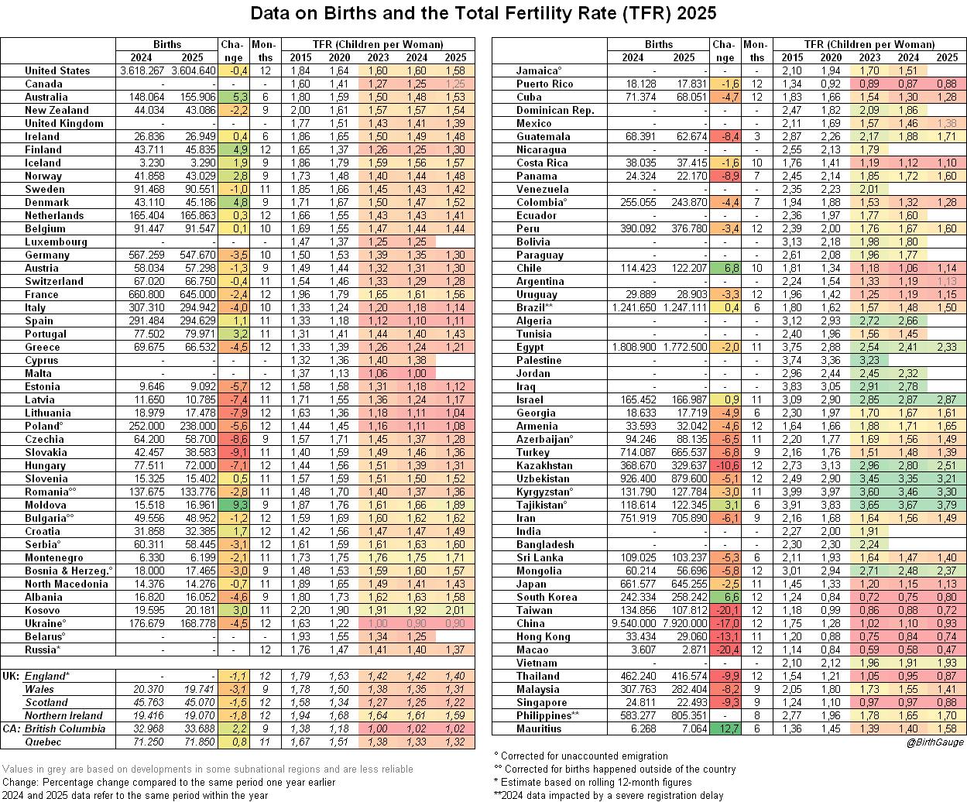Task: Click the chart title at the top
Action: pos(483,14)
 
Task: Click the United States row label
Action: pos(57,70)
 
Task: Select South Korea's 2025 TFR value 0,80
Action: pos(947,597)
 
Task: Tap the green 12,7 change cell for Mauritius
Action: pos(725,728)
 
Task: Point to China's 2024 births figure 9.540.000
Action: pos(633,623)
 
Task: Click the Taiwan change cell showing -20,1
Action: pos(725,610)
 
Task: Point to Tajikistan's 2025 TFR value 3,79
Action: pos(947,505)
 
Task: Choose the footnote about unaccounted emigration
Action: pos(581,756)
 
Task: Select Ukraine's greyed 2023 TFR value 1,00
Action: pos(379,623)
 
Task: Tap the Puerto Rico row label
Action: pos(544,84)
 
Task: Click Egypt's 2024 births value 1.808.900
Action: pos(633,347)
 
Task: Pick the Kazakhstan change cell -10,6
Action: pos(725,465)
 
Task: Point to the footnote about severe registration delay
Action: pos(609,795)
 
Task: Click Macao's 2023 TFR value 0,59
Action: pos(869,649)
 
